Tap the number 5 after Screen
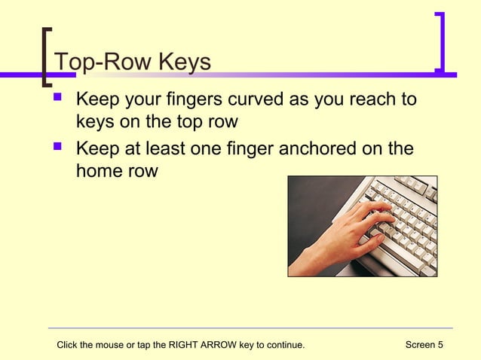(x=440, y=345)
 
